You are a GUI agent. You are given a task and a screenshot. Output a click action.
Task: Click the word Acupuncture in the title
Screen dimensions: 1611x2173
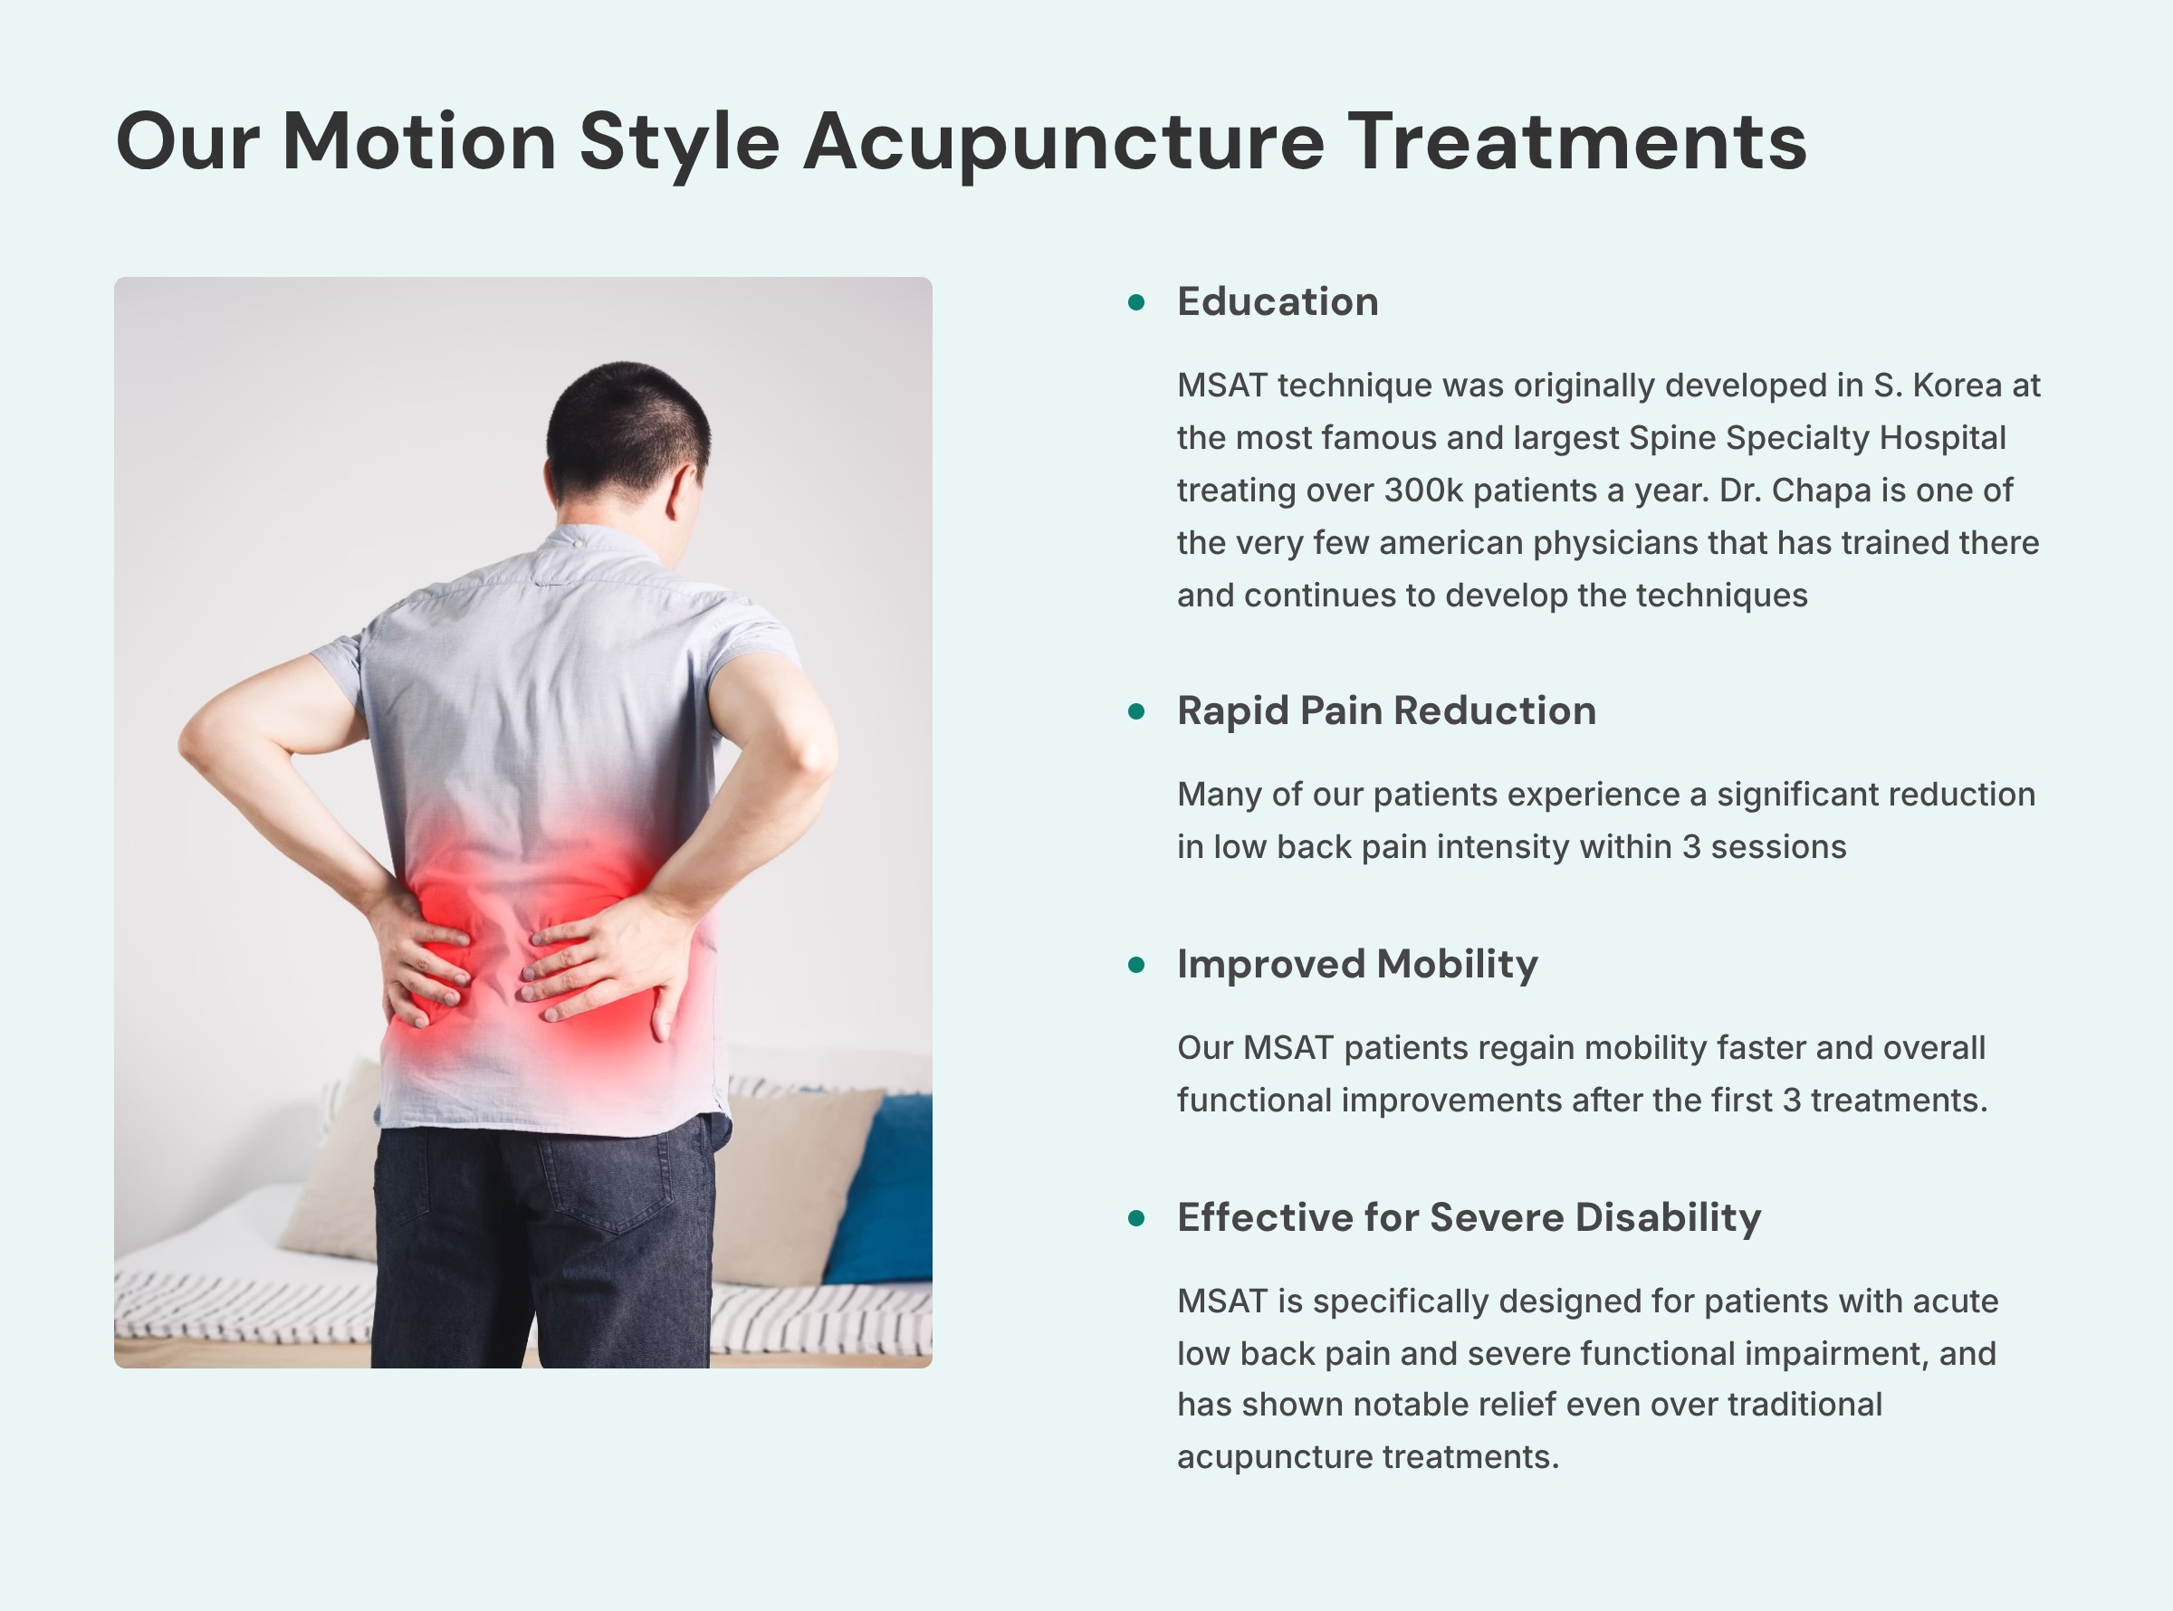[1063, 142]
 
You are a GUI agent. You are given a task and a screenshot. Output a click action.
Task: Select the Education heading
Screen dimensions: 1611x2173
[1277, 302]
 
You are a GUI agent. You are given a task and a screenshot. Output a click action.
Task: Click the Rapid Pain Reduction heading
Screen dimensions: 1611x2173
[1386, 710]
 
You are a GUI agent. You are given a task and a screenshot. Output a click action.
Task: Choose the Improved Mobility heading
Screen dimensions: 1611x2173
[1356, 965]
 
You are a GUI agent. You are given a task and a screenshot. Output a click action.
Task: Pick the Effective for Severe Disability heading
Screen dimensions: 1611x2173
[1468, 1218]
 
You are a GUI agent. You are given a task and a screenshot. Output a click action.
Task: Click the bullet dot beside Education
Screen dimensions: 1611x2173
[1136, 302]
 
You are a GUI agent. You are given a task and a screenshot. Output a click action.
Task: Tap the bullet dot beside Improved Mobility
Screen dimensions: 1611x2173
[1136, 966]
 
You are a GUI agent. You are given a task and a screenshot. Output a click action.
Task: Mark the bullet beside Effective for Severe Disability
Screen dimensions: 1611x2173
[1136, 1219]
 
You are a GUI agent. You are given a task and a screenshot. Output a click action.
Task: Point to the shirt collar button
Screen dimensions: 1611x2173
[579, 542]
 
